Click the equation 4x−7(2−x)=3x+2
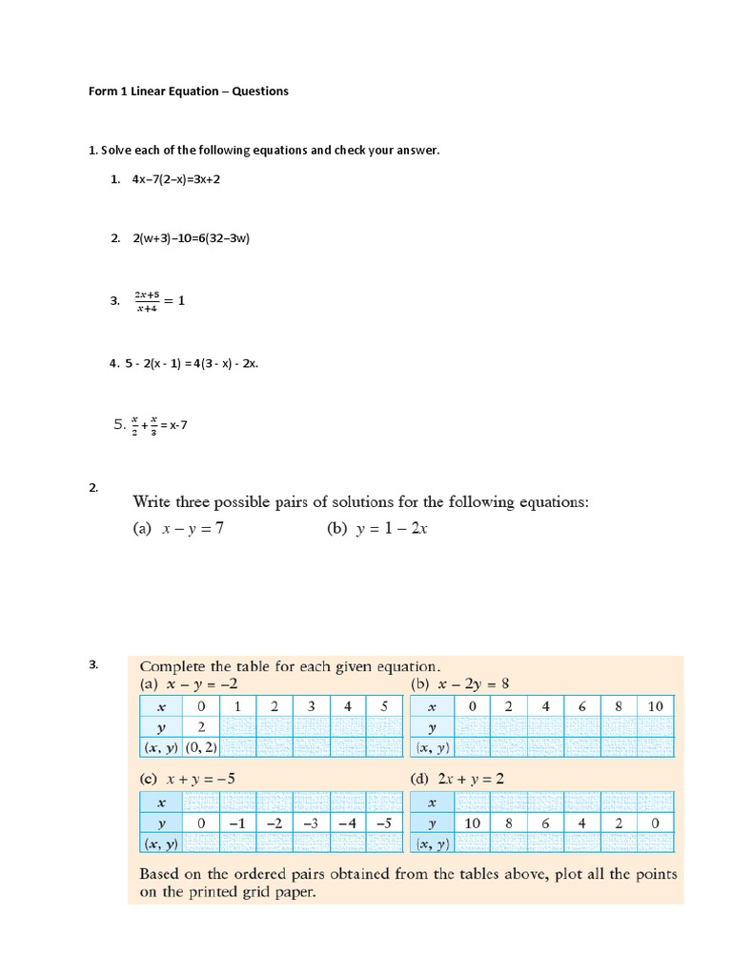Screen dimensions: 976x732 point(176,178)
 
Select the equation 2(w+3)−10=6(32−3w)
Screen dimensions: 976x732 point(191,239)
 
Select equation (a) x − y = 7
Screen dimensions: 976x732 point(178,531)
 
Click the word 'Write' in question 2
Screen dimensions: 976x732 point(152,502)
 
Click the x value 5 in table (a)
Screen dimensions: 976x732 point(383,706)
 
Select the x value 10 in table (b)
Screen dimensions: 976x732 point(655,706)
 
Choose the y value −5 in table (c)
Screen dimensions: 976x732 point(383,823)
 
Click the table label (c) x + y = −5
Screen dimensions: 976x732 point(187,779)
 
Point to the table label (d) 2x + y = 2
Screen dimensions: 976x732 point(457,779)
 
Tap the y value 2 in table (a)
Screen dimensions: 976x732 point(200,726)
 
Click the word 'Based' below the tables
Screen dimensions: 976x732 point(162,874)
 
